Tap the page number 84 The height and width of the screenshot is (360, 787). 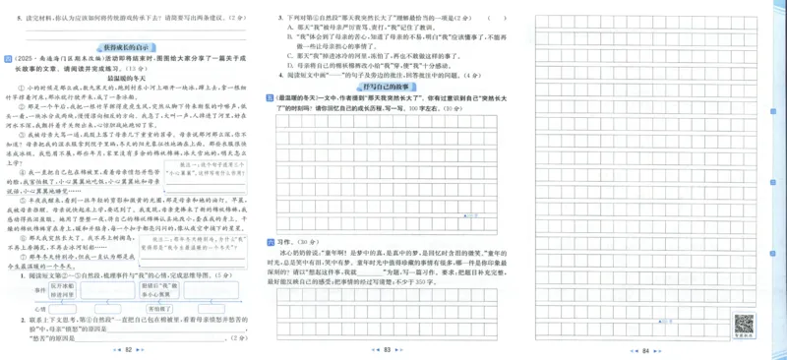point(645,349)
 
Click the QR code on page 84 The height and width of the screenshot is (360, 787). point(744,324)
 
